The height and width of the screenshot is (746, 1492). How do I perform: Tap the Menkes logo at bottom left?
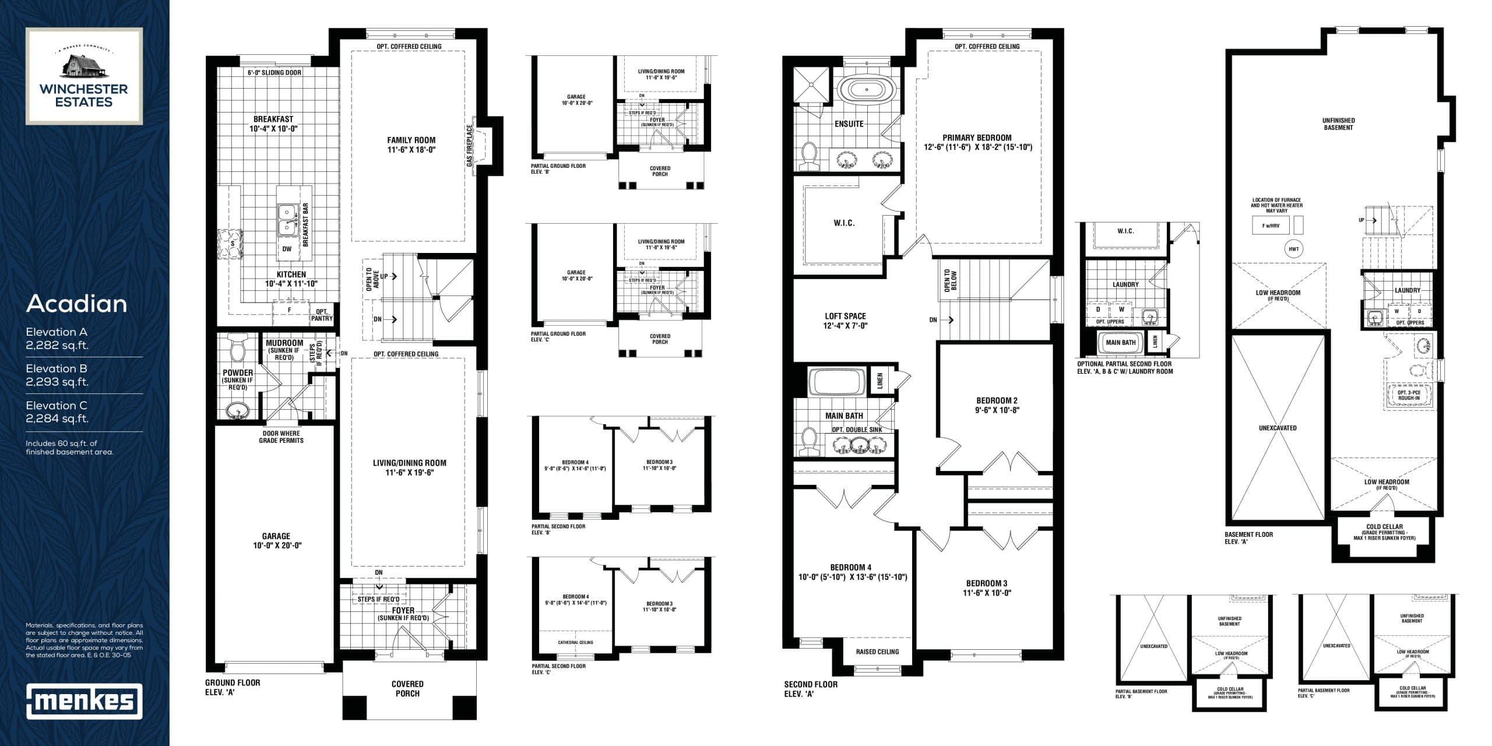(x=84, y=701)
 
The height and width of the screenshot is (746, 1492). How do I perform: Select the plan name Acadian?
(x=76, y=304)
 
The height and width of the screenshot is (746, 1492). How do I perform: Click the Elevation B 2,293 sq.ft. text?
(x=57, y=375)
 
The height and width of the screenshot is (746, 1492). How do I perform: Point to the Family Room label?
(x=411, y=145)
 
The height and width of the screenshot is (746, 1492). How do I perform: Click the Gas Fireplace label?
(x=469, y=145)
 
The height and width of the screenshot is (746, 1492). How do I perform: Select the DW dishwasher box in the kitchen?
(x=286, y=249)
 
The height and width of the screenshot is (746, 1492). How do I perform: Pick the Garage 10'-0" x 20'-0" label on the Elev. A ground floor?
(x=276, y=541)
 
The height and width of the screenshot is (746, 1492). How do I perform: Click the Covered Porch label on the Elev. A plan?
(x=407, y=688)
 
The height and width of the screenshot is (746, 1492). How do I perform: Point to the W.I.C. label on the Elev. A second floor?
(x=844, y=223)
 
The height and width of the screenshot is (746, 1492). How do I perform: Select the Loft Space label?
(x=845, y=321)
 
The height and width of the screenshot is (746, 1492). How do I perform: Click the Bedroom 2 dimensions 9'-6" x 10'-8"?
(x=997, y=410)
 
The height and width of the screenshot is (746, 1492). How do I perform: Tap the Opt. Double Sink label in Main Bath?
(x=857, y=430)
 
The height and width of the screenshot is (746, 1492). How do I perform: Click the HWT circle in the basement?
(x=1294, y=249)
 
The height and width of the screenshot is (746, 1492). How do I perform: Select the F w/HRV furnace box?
(x=1271, y=225)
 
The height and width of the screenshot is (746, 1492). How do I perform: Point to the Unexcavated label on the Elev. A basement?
(x=1278, y=428)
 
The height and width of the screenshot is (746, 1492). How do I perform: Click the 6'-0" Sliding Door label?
(x=275, y=73)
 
